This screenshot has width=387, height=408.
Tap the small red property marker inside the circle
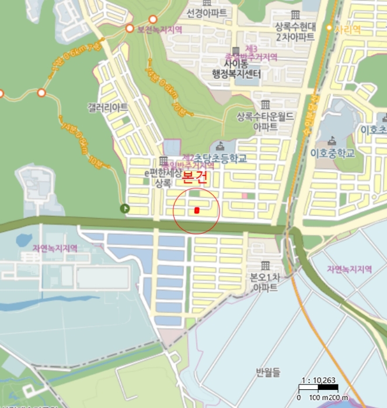(x=197, y=210)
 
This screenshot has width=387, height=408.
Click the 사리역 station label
(x=348, y=28)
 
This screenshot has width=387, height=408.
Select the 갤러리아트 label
(x=108, y=108)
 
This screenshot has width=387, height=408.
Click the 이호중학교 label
(x=333, y=154)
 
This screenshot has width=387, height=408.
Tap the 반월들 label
(x=268, y=371)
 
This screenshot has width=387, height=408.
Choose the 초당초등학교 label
(x=221, y=158)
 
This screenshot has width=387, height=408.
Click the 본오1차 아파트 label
(x=266, y=283)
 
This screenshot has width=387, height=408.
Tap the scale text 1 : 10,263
(x=318, y=381)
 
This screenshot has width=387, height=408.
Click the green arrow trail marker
(x=124, y=208)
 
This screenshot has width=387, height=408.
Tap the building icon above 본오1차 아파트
(x=266, y=265)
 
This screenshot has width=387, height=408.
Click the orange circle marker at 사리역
(x=330, y=28)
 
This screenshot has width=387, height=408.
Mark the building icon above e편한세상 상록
(x=162, y=161)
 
